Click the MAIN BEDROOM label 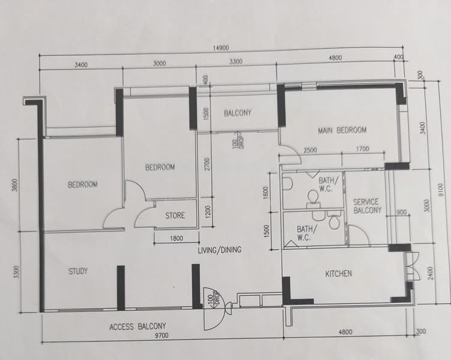342,130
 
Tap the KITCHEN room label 339,274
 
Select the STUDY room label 77,271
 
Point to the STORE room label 175,215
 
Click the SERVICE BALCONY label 368,206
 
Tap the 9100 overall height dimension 441,190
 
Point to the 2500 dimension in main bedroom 310,150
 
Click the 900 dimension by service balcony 401,212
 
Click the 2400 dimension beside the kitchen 428,274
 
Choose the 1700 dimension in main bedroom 362,150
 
